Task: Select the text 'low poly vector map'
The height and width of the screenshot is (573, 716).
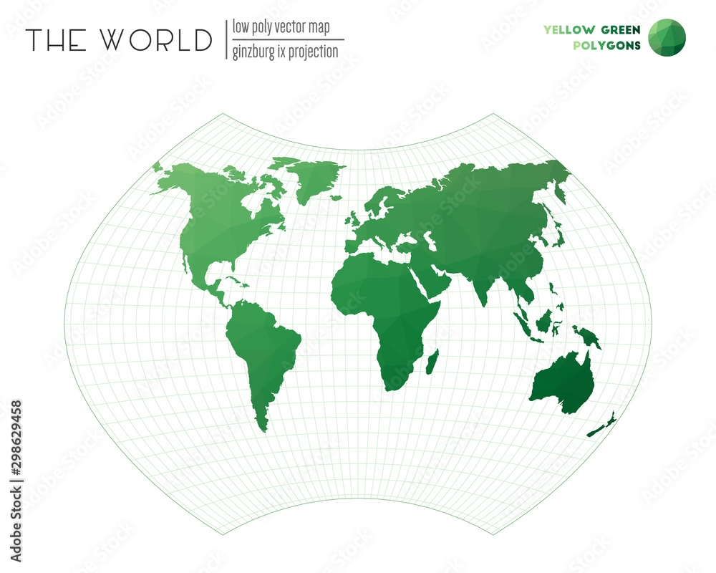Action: (x=281, y=28)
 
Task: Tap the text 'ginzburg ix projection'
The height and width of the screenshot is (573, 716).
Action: (x=285, y=52)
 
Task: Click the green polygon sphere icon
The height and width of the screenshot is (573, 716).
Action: (x=667, y=37)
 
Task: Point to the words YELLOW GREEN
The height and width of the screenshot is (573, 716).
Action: (x=592, y=29)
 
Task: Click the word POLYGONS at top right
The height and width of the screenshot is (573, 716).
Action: (x=607, y=47)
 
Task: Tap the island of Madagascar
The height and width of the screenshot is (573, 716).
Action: (x=432, y=361)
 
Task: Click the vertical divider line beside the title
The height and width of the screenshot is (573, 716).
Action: (x=226, y=39)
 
